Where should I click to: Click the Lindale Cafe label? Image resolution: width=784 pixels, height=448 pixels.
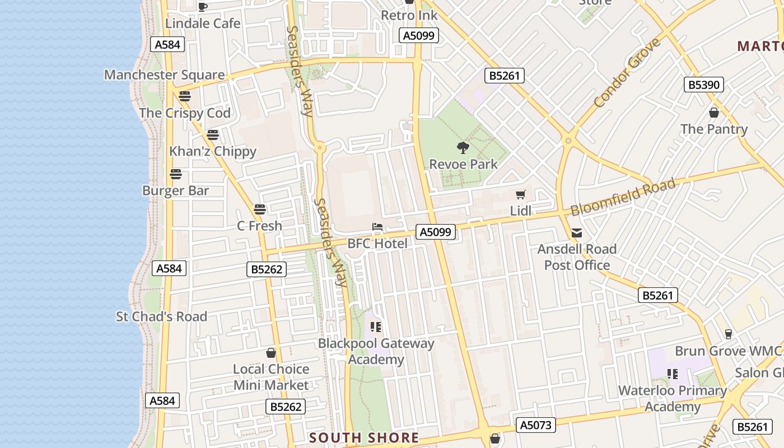tap(203, 24)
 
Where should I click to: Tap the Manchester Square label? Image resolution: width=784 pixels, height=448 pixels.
tap(165, 75)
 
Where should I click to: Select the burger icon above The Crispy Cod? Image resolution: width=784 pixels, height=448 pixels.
tap(185, 96)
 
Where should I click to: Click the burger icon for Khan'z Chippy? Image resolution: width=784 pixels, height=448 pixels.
tap(212, 135)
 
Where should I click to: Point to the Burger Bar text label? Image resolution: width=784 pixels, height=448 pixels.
tap(175, 191)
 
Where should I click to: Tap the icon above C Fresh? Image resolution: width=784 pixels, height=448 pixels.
tap(259, 209)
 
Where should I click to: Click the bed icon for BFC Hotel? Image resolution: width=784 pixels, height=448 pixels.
tap(377, 227)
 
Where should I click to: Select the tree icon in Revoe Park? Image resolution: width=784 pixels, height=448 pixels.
tap(463, 148)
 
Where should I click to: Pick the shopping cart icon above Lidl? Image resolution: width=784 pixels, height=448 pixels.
tap(521, 195)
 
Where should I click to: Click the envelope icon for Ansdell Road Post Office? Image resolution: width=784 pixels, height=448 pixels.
tap(577, 233)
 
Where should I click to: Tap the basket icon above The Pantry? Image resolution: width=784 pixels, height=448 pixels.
tap(714, 113)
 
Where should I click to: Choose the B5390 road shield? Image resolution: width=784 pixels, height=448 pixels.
tap(704, 85)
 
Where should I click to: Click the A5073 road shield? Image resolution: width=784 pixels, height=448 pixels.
tap(536, 425)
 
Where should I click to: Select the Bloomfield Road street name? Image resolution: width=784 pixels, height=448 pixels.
tap(623, 198)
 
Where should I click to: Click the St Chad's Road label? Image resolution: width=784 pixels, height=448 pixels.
tap(161, 316)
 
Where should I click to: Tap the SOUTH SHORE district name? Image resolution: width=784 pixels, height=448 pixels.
tap(364, 438)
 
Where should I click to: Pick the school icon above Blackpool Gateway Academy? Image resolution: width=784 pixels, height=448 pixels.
tap(376, 326)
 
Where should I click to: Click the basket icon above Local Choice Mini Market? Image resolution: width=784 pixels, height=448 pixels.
tap(271, 353)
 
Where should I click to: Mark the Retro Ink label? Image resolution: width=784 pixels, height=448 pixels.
tap(409, 15)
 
